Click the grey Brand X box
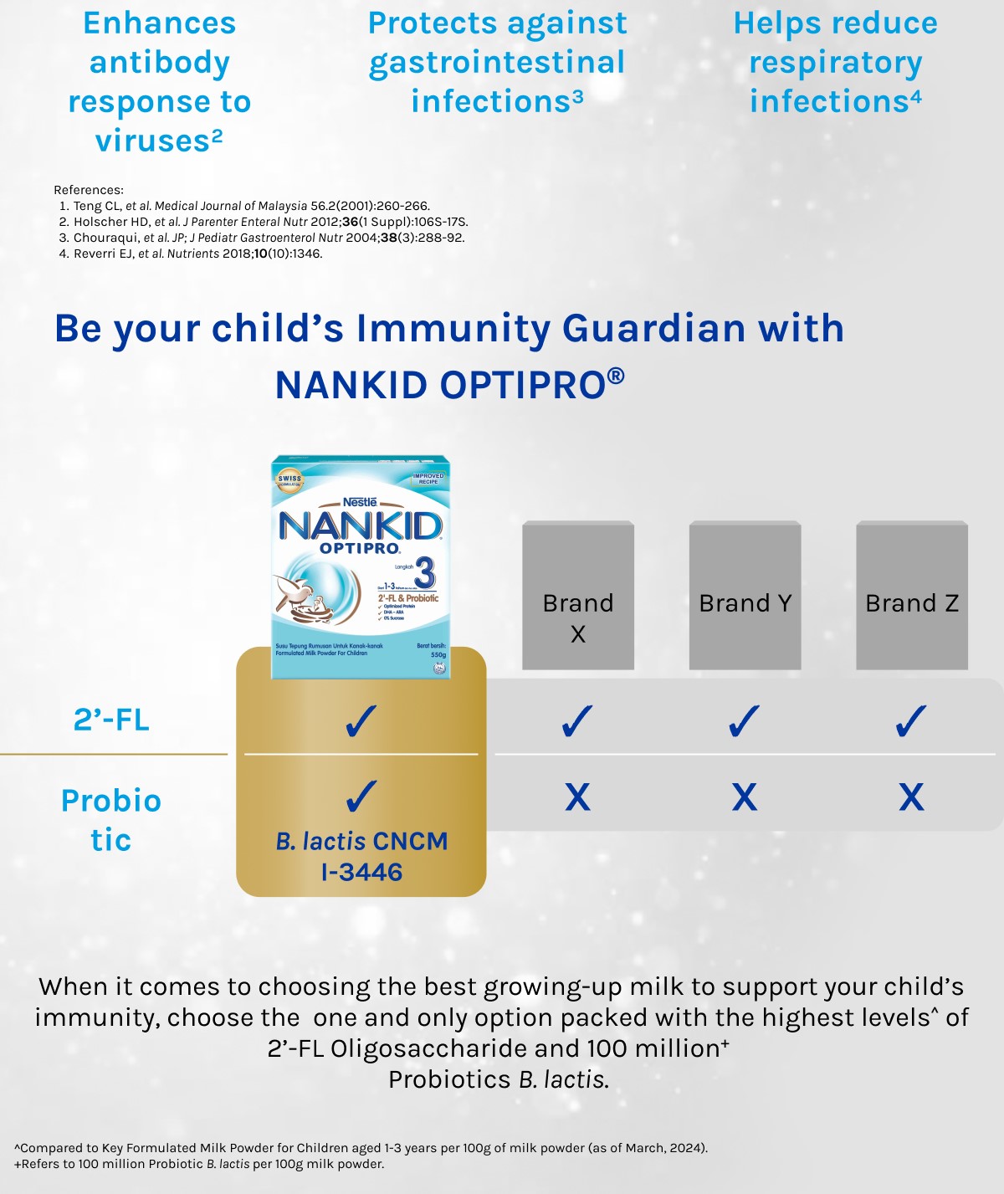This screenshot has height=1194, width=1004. click(x=578, y=596)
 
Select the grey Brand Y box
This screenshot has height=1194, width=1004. click(x=745, y=596)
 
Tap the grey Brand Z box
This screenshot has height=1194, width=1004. click(x=912, y=596)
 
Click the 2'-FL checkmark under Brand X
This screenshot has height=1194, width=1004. click(x=577, y=721)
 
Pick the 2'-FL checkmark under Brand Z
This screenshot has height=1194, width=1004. click(x=911, y=721)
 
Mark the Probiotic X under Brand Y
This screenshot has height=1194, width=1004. click(x=745, y=797)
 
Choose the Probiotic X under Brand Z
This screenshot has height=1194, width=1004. click(x=911, y=797)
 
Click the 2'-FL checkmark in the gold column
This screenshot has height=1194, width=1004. click(x=361, y=721)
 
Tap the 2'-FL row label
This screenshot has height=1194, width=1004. click(x=111, y=720)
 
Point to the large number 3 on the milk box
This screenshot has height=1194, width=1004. click(x=425, y=574)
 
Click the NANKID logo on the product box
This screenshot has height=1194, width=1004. click(x=360, y=526)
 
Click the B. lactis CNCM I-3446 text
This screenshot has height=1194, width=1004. click(x=361, y=856)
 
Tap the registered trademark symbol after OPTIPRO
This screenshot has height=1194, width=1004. click(x=616, y=376)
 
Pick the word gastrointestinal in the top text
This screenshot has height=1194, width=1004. click(x=497, y=63)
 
